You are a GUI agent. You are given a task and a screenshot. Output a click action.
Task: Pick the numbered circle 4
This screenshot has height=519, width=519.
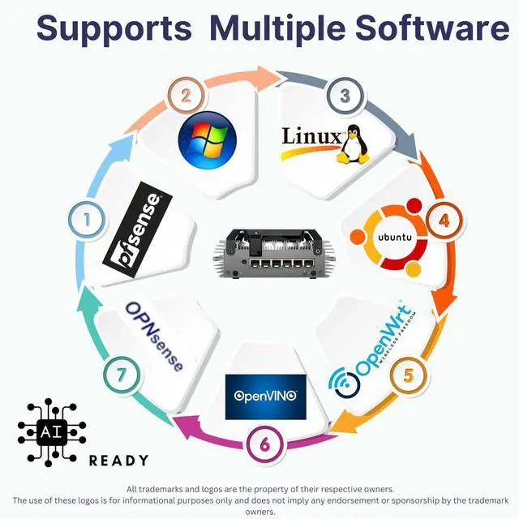click(443, 220)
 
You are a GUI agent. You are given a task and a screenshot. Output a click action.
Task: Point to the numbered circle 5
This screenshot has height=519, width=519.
click(408, 375)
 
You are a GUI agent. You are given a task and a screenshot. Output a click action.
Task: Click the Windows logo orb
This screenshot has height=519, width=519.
click(208, 140)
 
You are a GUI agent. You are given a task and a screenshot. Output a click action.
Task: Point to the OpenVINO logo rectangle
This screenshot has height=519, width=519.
click(266, 397)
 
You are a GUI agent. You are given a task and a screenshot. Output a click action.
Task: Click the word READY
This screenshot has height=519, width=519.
click(118, 461)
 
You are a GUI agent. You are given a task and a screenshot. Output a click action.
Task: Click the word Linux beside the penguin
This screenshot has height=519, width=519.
click(311, 135)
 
